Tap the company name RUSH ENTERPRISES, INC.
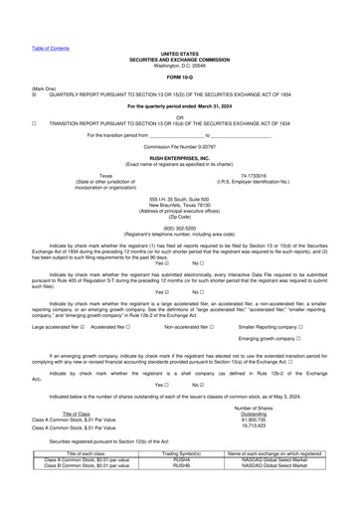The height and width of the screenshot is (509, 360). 180,158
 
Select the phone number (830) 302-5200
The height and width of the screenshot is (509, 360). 180,225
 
